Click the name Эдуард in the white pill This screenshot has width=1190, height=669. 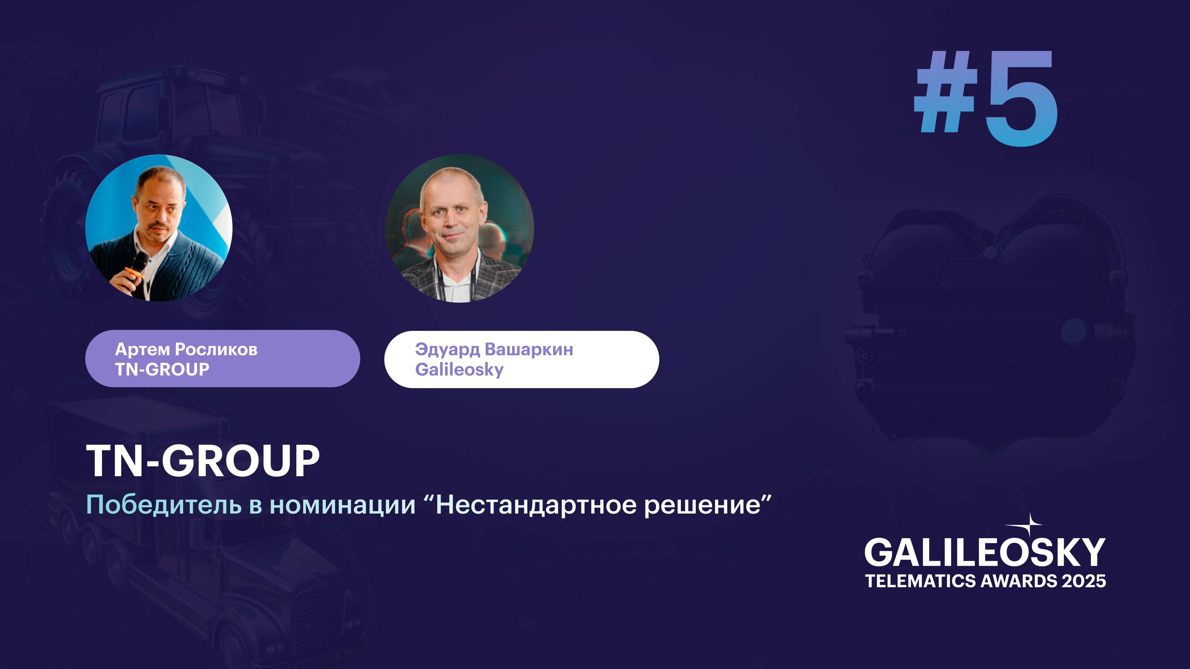[447, 350]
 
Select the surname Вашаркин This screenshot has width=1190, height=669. [529, 350]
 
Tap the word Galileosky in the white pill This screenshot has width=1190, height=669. [459, 370]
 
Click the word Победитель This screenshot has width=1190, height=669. [164, 505]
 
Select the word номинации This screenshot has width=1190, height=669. [343, 505]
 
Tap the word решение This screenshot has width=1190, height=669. [702, 505]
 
